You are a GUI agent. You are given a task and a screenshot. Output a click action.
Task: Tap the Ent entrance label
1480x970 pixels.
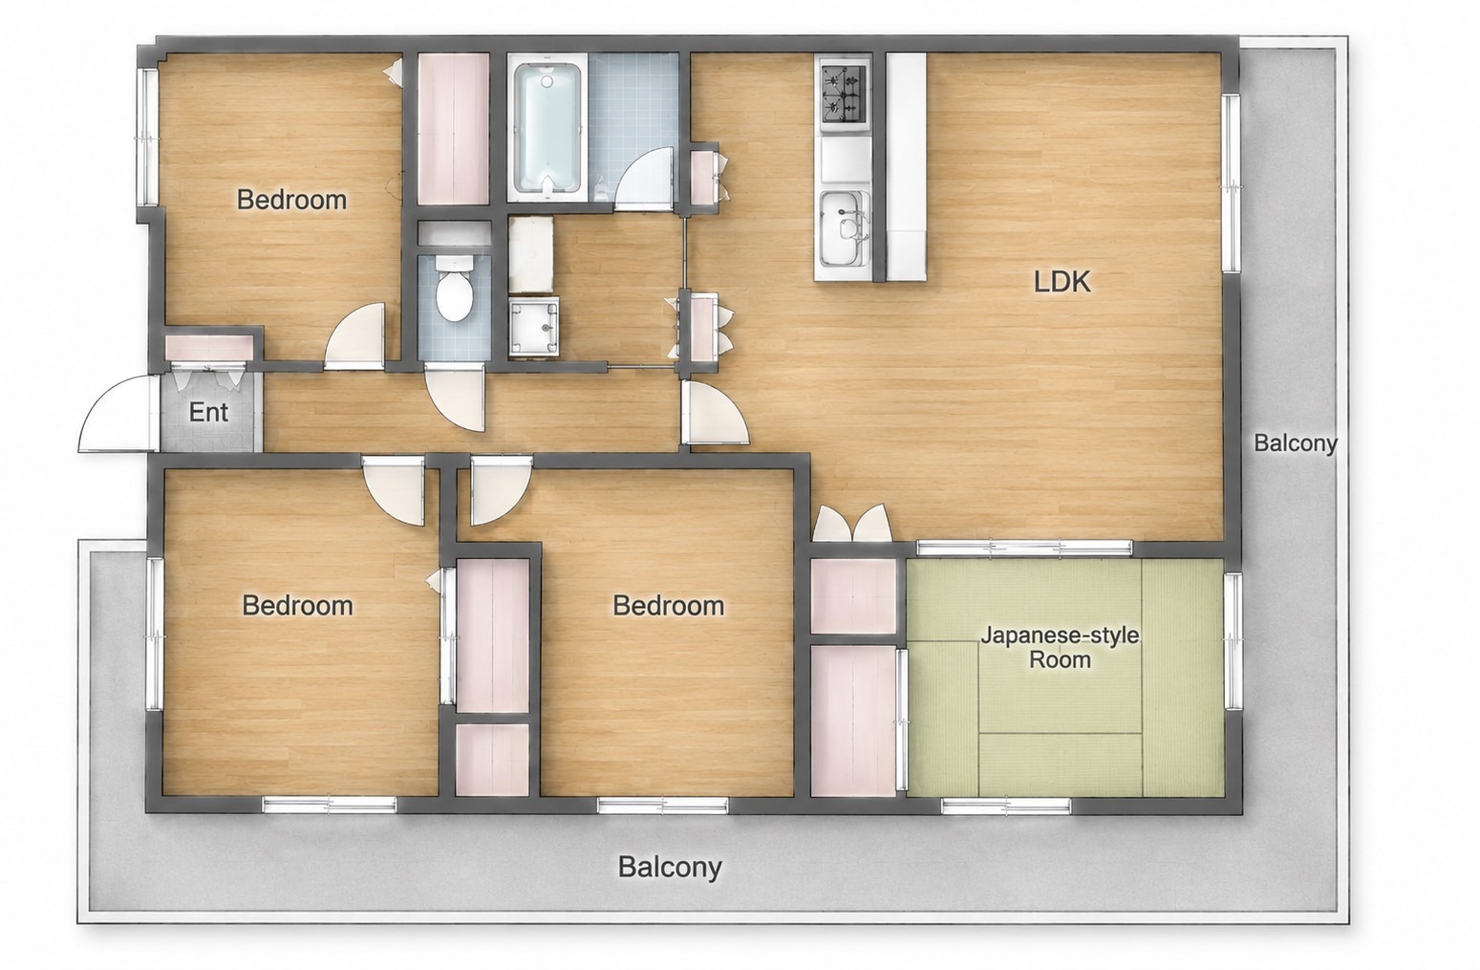coord(208,412)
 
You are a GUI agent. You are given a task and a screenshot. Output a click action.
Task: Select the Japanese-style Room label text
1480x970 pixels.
coord(1060,648)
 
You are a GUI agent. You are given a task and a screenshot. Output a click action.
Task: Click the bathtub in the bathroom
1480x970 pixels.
coord(547,131)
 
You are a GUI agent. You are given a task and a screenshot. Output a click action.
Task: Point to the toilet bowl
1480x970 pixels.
coord(454,289)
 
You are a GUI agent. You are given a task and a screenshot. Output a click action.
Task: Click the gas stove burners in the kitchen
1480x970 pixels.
coord(844,93)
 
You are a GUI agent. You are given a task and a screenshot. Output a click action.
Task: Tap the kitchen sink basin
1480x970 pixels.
coord(844,227)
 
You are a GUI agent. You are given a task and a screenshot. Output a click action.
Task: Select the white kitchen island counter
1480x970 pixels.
coord(906,166)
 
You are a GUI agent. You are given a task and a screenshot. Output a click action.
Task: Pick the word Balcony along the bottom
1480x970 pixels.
coord(670,867)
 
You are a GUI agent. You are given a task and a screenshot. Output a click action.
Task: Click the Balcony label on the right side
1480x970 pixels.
coord(1296,442)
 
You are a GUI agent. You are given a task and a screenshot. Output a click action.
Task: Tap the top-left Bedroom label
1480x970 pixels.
coord(291,200)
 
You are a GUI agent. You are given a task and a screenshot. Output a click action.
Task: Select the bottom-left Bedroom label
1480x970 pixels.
coord(297,605)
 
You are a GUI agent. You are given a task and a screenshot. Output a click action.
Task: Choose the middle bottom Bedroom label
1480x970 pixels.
coord(668,605)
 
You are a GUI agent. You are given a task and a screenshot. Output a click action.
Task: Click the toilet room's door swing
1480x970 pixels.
coord(455,399)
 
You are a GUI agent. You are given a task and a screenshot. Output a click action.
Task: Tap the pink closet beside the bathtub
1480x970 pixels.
coord(453,130)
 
